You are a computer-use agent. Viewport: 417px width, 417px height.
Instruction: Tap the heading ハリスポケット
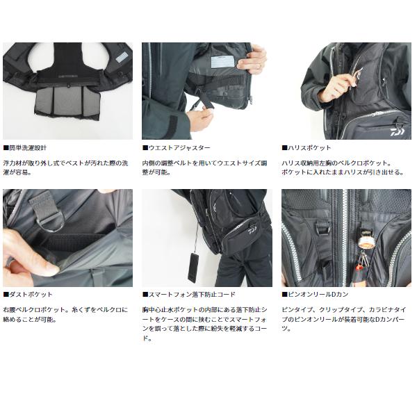tap(309, 148)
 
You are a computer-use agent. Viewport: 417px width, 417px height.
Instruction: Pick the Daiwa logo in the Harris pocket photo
tap(400, 128)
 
